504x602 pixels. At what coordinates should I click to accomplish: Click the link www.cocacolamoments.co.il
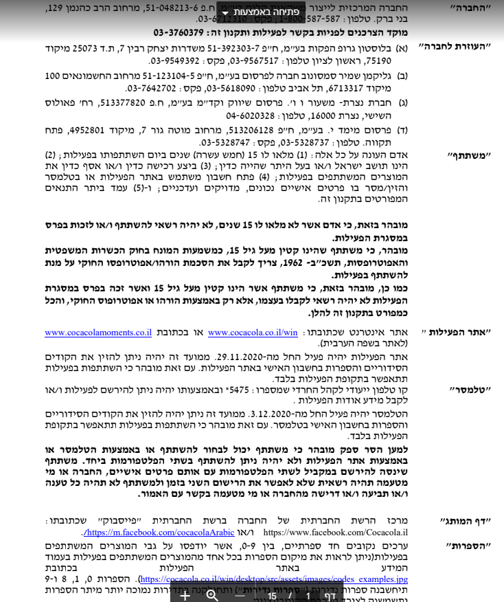98,333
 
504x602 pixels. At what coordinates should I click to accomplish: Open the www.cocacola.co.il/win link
253,333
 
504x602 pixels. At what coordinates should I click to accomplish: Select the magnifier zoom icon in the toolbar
212,595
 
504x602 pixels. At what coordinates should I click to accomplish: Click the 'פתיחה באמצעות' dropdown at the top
260,12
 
